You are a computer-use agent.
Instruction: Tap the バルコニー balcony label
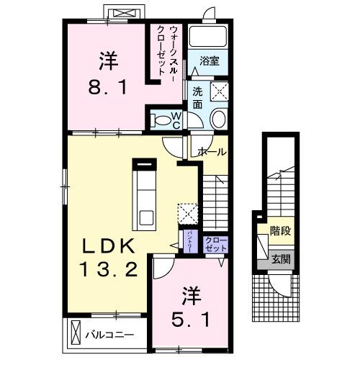109,335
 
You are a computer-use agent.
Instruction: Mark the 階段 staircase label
281,232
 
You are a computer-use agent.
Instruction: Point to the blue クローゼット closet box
215,243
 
